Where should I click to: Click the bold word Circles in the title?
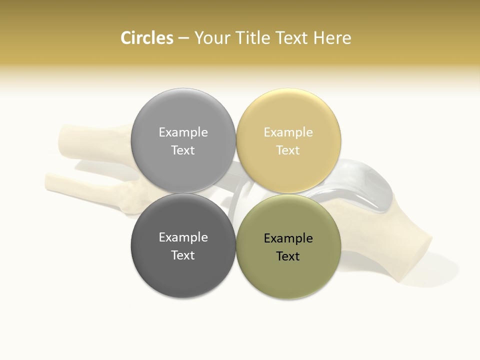coord(146,38)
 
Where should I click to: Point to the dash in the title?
coord(183,38)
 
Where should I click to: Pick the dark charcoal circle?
coord(183,272)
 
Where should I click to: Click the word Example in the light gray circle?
coord(183,132)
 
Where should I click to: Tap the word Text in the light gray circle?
coord(183,150)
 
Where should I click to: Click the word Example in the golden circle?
coord(288,132)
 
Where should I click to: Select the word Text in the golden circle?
coord(288,150)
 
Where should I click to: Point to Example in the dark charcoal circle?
coord(183,237)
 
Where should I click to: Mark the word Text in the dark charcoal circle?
coord(183,255)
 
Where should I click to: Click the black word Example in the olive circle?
coord(288,238)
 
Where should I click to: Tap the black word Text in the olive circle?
coord(288,256)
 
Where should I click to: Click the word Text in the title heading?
coord(292,38)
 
